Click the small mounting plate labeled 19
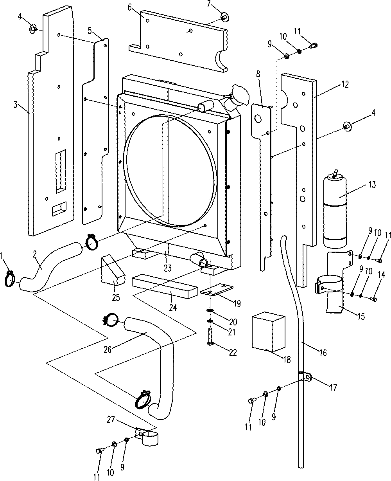(216, 292)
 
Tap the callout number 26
(108, 349)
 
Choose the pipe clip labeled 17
(305, 377)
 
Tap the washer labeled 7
(224, 17)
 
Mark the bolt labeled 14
(373, 300)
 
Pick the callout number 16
(323, 353)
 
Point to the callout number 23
(168, 268)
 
